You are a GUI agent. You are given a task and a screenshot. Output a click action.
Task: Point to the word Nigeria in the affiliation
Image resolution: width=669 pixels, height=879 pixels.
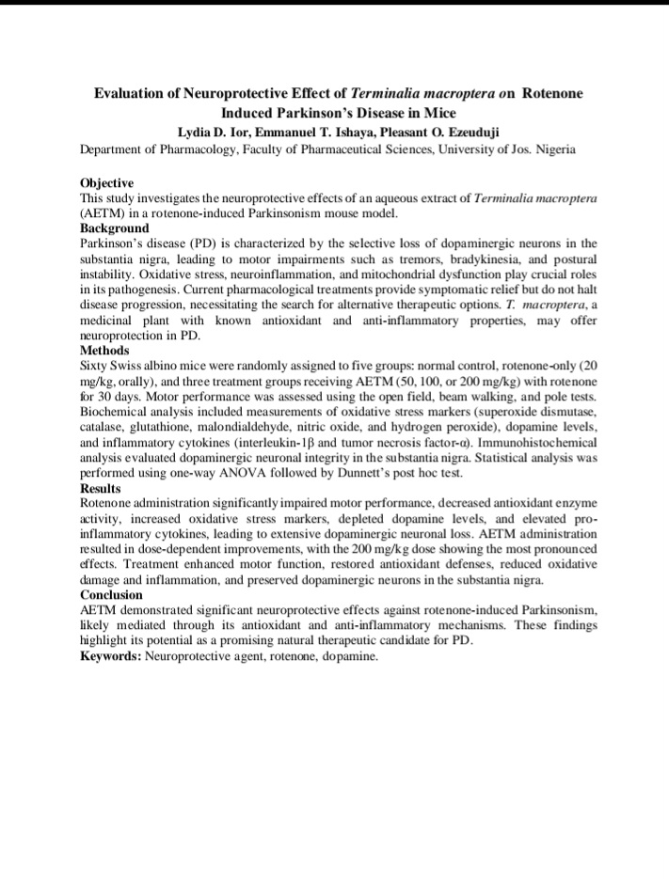(555, 149)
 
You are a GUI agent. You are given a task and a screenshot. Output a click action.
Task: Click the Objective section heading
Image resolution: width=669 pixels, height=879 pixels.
(107, 182)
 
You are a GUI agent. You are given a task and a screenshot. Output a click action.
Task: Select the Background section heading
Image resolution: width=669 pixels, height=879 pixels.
(115, 228)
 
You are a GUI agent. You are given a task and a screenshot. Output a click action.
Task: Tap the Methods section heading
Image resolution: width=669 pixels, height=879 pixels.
(104, 350)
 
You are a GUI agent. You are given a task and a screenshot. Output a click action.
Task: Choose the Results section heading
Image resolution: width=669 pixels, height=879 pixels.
(101, 489)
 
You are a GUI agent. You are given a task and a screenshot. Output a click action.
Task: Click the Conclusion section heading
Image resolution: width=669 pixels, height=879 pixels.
(112, 595)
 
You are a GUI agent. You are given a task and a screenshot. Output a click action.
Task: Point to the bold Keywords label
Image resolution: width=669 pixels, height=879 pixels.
(111, 656)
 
